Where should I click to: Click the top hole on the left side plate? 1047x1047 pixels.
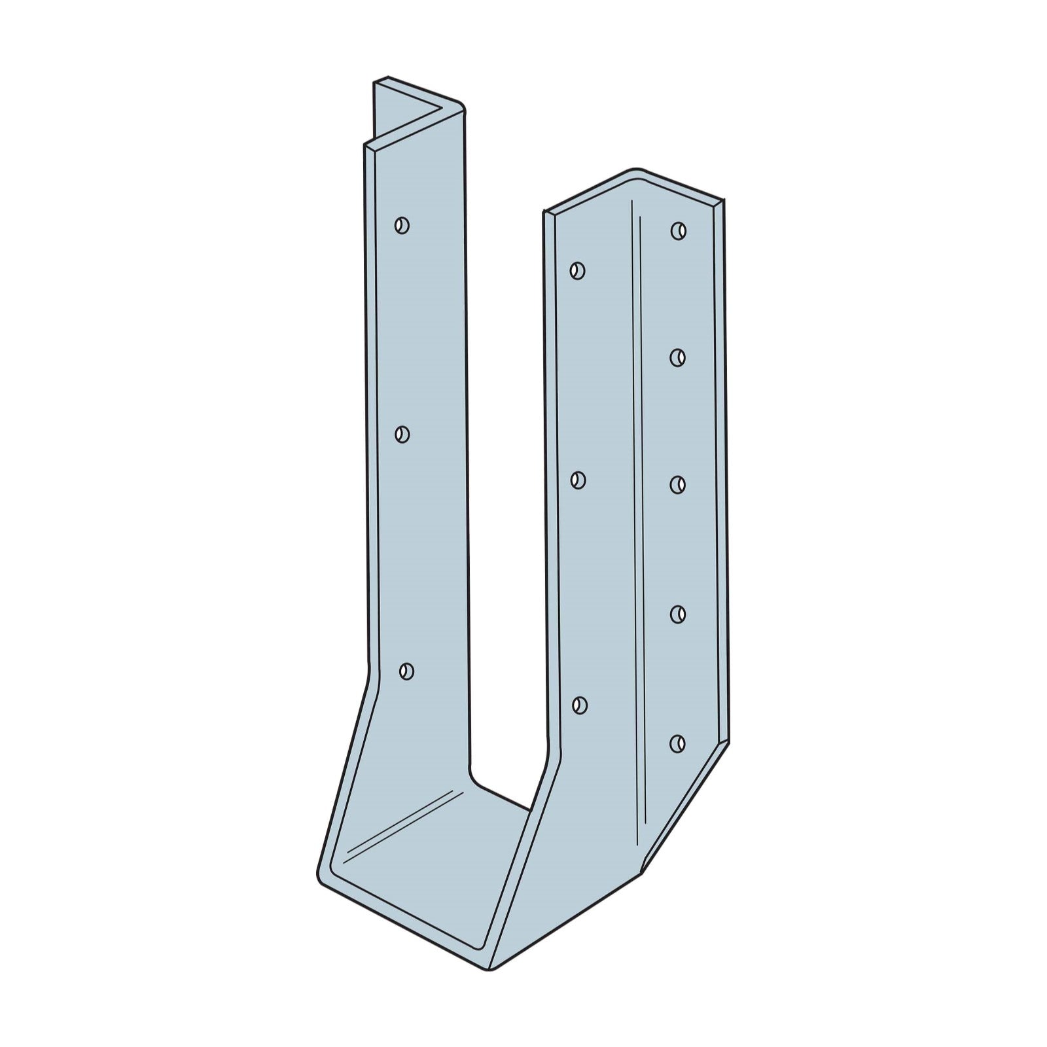pyautogui.click(x=402, y=226)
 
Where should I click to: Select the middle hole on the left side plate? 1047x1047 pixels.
pyautogui.click(x=402, y=434)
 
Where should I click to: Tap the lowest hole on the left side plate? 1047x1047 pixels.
pyautogui.click(x=406, y=671)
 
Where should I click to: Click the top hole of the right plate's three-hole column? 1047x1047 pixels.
pyautogui.click(x=577, y=270)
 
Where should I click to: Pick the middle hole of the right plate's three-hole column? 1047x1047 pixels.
pyautogui.click(x=577, y=480)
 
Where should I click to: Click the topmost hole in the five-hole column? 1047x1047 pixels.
pyautogui.click(x=678, y=230)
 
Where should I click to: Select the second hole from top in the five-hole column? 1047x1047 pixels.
pyautogui.click(x=678, y=357)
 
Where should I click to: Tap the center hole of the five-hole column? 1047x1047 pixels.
pyautogui.click(x=678, y=484)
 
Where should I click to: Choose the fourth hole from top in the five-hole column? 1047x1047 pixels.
pyautogui.click(x=678, y=614)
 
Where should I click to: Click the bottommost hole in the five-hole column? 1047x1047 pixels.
pyautogui.click(x=678, y=743)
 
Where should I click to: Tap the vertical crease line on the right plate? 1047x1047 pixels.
pyautogui.click(x=638, y=523)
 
